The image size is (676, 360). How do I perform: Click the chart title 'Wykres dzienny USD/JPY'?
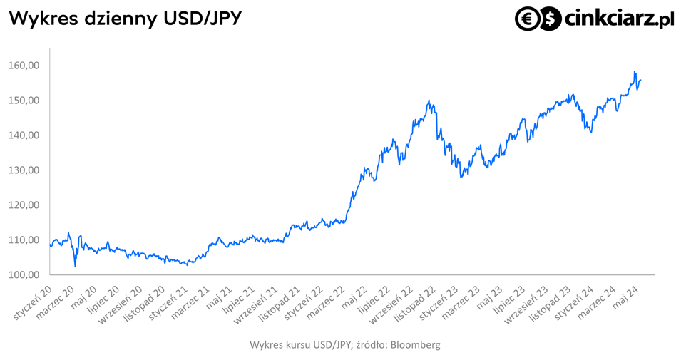point(125,19)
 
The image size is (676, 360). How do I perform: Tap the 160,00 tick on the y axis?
point(24,66)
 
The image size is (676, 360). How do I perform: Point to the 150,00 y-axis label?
point(24,101)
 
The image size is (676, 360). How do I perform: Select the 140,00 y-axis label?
point(24,135)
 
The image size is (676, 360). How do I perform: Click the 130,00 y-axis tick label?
point(24,170)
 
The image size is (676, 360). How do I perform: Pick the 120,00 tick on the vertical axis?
point(24,205)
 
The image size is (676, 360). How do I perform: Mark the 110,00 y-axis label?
point(24,240)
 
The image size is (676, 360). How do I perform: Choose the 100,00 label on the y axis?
point(24,275)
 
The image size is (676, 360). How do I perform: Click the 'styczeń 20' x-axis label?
point(32,302)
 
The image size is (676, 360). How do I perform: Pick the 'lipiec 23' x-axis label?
point(510,299)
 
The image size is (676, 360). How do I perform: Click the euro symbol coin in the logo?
point(527,19)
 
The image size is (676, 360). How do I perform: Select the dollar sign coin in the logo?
point(549,19)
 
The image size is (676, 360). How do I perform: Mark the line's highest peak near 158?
point(635,71)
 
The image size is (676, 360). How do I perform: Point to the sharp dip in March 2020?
point(75,267)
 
